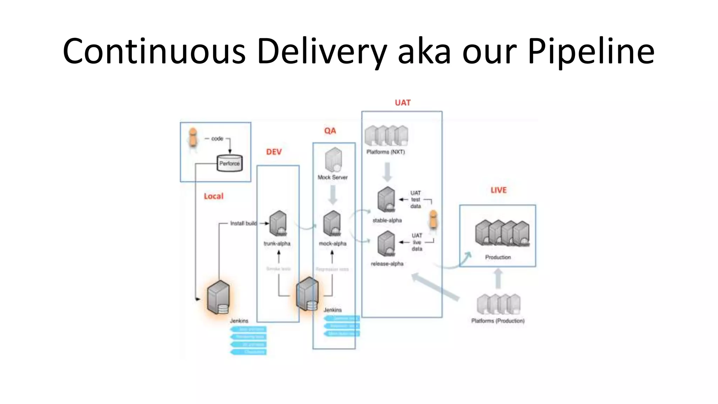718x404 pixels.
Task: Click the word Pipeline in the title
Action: point(591,52)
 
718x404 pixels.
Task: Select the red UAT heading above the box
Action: point(402,103)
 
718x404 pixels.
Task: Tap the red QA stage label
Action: point(330,131)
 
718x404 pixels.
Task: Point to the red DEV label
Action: point(274,152)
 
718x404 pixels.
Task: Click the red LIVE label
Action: point(499,190)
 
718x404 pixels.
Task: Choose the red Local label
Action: point(214,196)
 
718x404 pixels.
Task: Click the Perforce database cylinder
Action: point(230,163)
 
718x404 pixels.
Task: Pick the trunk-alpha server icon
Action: point(278,223)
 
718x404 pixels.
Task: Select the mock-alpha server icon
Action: point(332,223)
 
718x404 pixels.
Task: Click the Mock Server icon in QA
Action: point(333,160)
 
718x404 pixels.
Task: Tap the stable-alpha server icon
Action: point(386,200)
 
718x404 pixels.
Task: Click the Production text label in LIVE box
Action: point(498,257)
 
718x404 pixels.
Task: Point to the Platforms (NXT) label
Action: point(385,152)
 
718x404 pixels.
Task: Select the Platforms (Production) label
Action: point(498,321)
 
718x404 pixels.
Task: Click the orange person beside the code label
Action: point(192,138)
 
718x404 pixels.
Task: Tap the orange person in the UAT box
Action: point(433,220)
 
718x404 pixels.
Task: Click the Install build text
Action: point(243,223)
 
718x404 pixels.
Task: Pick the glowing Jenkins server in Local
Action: point(218,297)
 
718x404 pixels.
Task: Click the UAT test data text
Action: point(415,200)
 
